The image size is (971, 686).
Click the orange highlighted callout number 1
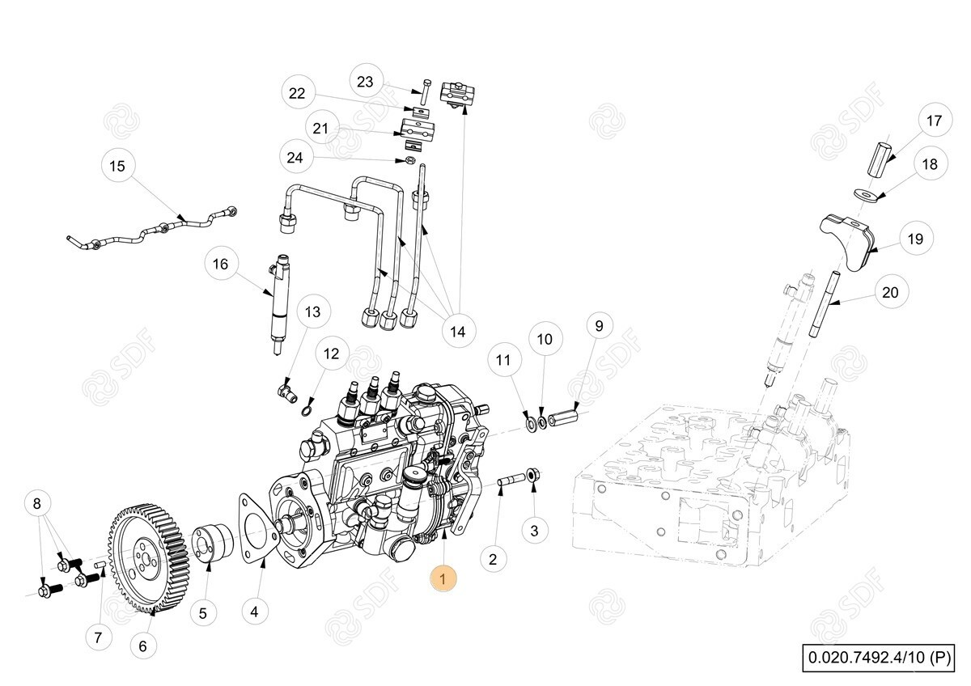(443, 578)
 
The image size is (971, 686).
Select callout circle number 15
(117, 166)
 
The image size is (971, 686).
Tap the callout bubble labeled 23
(366, 82)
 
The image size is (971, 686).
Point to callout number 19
(915, 239)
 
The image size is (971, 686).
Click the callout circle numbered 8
(37, 503)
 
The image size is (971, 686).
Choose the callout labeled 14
(458, 332)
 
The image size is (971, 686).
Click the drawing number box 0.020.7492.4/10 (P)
(879, 658)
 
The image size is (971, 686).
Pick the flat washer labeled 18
(868, 194)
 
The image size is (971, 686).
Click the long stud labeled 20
(825, 304)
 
